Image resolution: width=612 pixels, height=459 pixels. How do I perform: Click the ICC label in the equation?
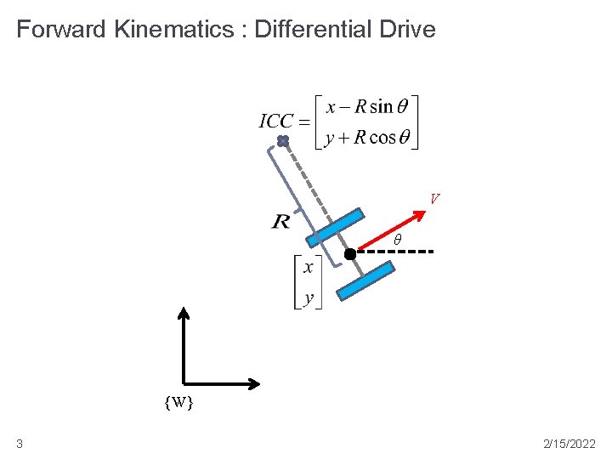tap(275, 121)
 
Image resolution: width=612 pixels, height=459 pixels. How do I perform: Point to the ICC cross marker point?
tap(283, 140)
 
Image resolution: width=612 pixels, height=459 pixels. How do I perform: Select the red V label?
tap(434, 200)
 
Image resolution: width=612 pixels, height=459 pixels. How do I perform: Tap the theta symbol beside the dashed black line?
tap(396, 241)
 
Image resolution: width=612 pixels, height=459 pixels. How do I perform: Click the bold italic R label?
tap(280, 222)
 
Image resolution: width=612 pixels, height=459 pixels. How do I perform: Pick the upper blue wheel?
tap(336, 229)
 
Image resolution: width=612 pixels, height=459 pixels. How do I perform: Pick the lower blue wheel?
tap(365, 280)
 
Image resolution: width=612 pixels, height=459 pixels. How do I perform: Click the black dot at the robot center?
tap(349, 253)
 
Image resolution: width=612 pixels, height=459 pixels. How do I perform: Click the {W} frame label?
tap(178, 402)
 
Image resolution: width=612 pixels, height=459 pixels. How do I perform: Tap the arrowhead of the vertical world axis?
tap(184, 313)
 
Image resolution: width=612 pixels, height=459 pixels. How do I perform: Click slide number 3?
tap(20, 444)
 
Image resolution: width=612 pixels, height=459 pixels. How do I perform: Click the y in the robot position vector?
tap(308, 298)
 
